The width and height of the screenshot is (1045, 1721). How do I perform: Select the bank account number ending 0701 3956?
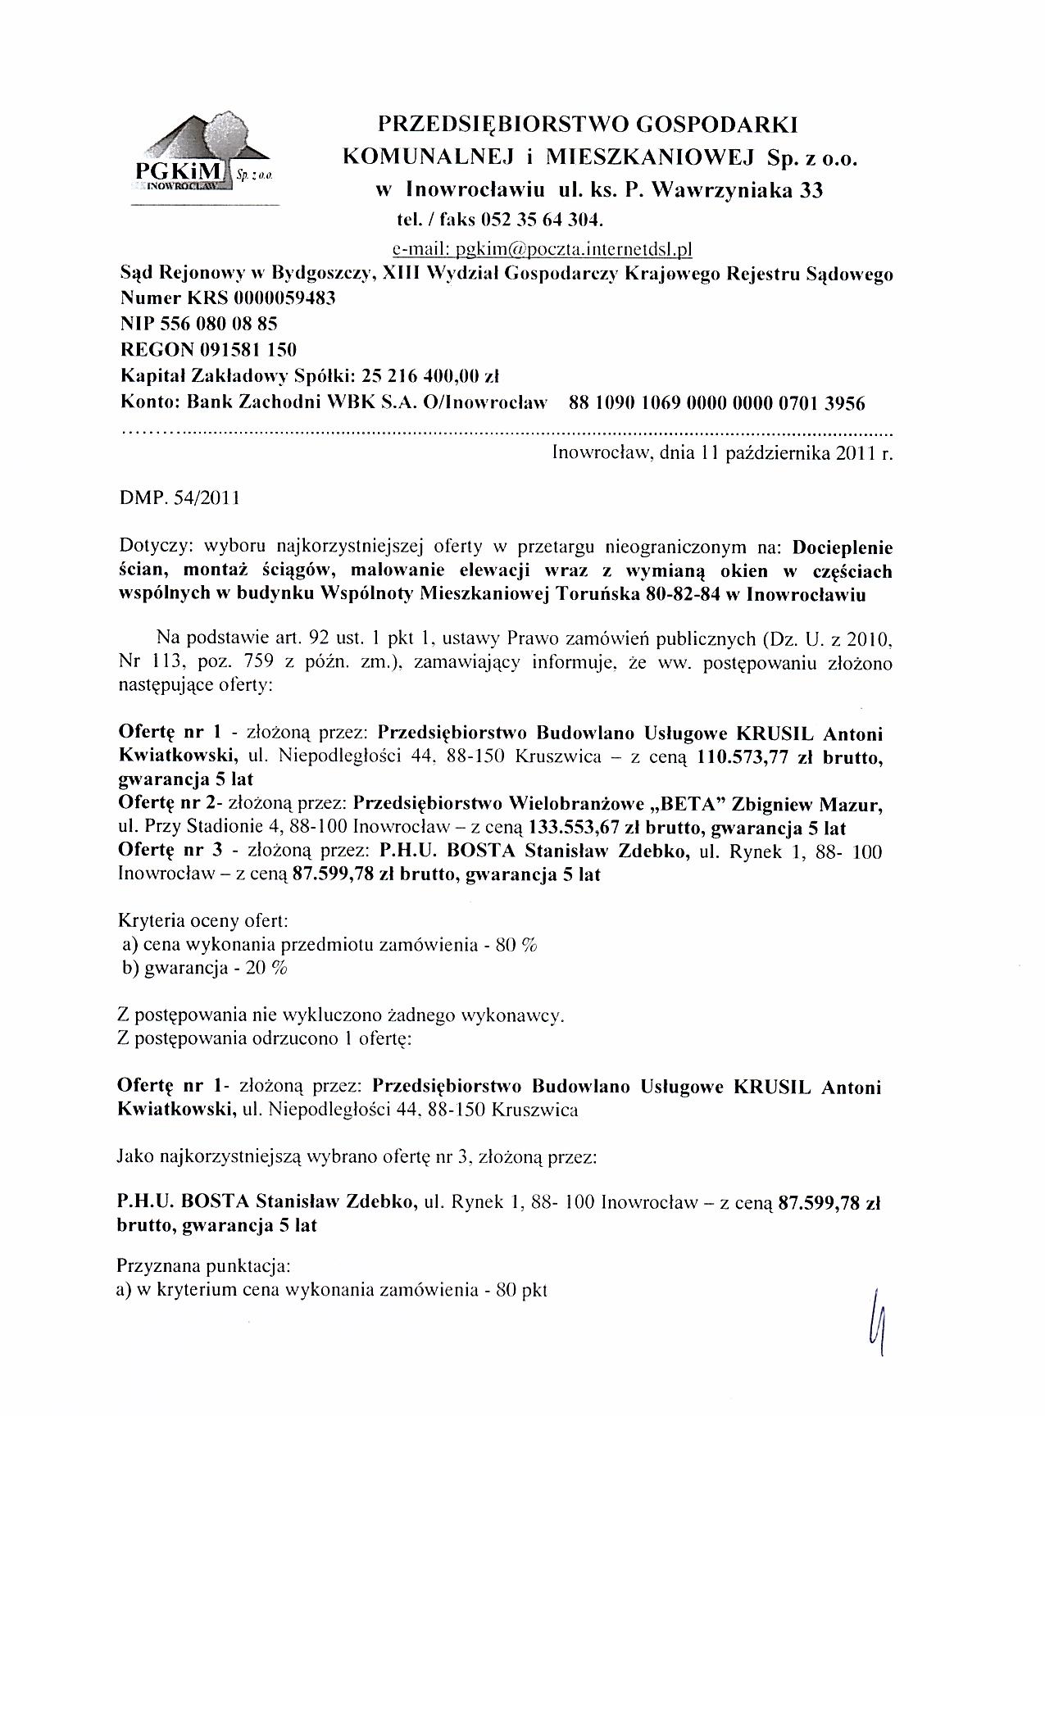coord(711,402)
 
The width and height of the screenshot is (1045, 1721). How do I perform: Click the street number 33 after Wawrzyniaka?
coord(811,191)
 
